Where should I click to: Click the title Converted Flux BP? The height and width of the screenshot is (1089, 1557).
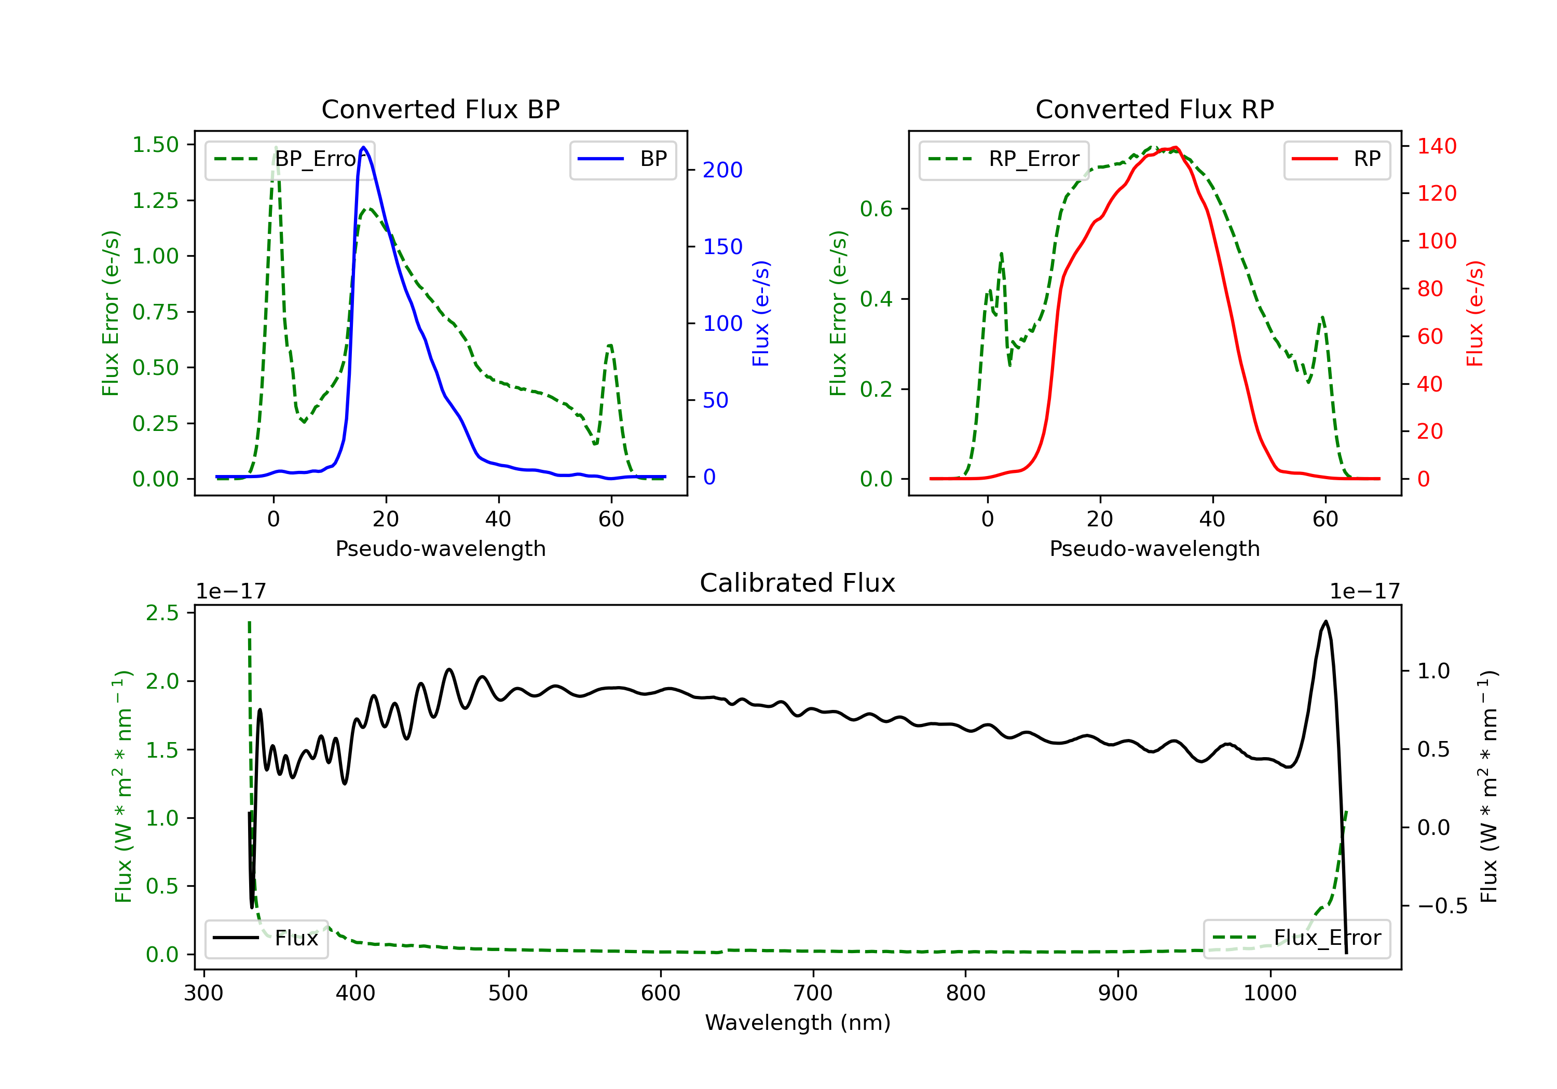point(440,109)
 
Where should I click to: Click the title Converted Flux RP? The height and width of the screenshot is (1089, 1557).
point(1154,109)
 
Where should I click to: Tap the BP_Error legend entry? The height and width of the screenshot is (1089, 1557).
point(290,159)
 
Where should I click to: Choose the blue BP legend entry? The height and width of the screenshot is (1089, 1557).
point(622,159)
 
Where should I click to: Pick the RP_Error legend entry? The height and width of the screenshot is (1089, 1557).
point(1004,159)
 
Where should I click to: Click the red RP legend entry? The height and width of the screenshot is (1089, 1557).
point(1336,159)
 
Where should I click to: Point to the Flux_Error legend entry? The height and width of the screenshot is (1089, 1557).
point(1296,938)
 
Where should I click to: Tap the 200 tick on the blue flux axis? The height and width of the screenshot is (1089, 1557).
point(722,170)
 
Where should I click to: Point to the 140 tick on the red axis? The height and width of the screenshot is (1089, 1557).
point(1436,146)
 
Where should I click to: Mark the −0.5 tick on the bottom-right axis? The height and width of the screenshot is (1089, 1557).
point(1442,906)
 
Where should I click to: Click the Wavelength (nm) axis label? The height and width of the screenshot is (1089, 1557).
point(798,1023)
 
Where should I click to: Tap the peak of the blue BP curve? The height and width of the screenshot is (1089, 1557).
point(363,147)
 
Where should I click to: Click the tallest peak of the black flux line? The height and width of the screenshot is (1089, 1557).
point(1325,621)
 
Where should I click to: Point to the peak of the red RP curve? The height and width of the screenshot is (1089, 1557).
point(1175,147)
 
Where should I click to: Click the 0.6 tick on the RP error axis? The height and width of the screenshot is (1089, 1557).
point(876,208)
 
